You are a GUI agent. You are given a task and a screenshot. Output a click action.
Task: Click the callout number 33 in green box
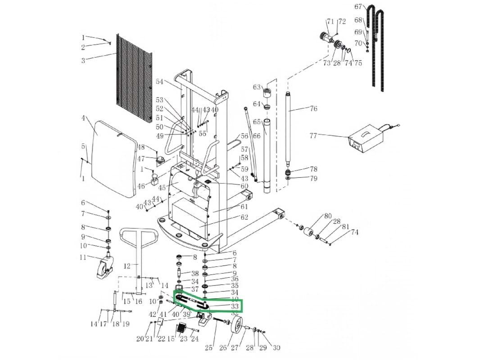235,306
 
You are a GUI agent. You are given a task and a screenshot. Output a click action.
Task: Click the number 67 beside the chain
358,7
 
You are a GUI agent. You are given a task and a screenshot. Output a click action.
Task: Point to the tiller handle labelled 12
139,261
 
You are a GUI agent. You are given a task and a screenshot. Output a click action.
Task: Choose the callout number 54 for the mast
160,81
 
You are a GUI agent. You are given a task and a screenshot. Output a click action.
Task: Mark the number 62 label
244,217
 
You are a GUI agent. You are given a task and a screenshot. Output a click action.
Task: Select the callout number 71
330,22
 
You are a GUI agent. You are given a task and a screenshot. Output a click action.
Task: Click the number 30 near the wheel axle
276,347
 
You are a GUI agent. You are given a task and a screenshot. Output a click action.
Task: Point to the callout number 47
141,159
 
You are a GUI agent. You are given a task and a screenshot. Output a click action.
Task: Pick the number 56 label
245,136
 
